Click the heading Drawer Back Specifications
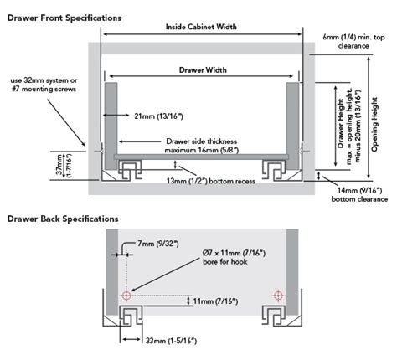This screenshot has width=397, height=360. (63, 219)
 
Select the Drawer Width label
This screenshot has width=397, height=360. (201, 70)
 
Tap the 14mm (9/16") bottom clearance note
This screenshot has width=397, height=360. (358, 194)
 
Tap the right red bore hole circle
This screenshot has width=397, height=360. (276, 296)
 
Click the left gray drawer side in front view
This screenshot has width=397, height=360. (109, 118)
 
